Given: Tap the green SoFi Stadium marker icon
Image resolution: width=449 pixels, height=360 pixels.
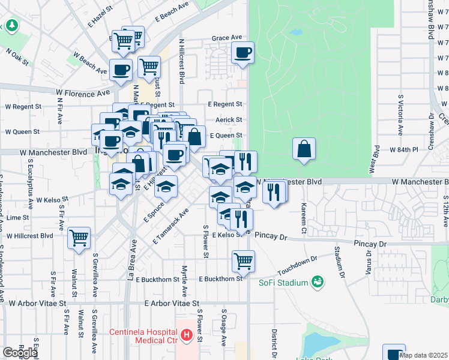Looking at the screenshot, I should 317,281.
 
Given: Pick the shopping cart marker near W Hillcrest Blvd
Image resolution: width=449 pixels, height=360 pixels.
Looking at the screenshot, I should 79,239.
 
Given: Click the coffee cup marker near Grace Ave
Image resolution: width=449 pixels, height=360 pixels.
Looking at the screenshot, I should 243,53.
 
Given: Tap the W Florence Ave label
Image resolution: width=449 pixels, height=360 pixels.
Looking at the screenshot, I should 83,94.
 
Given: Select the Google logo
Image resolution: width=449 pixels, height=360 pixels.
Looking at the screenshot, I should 20,353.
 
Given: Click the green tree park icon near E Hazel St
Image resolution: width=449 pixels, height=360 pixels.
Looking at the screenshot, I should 11,26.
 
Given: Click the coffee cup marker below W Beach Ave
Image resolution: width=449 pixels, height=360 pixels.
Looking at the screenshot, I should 121,70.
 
